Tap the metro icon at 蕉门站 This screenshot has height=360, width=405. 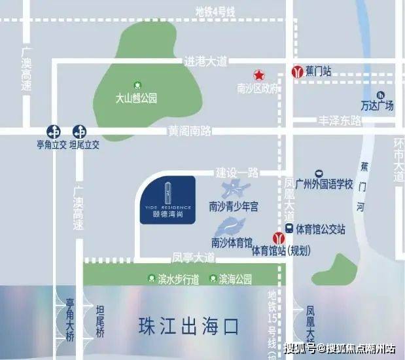[x=297, y=71]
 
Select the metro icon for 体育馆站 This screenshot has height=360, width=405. [x=278, y=238]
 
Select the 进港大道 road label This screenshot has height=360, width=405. [x=205, y=61]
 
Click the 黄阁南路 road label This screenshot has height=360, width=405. [x=189, y=131]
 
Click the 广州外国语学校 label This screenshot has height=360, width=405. [x=323, y=184]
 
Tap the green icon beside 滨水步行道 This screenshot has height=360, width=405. [x=152, y=279]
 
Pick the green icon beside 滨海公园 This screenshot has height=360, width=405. [x=213, y=279]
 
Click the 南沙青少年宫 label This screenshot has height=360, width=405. [x=234, y=207]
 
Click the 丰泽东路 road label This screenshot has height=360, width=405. [x=340, y=120]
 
